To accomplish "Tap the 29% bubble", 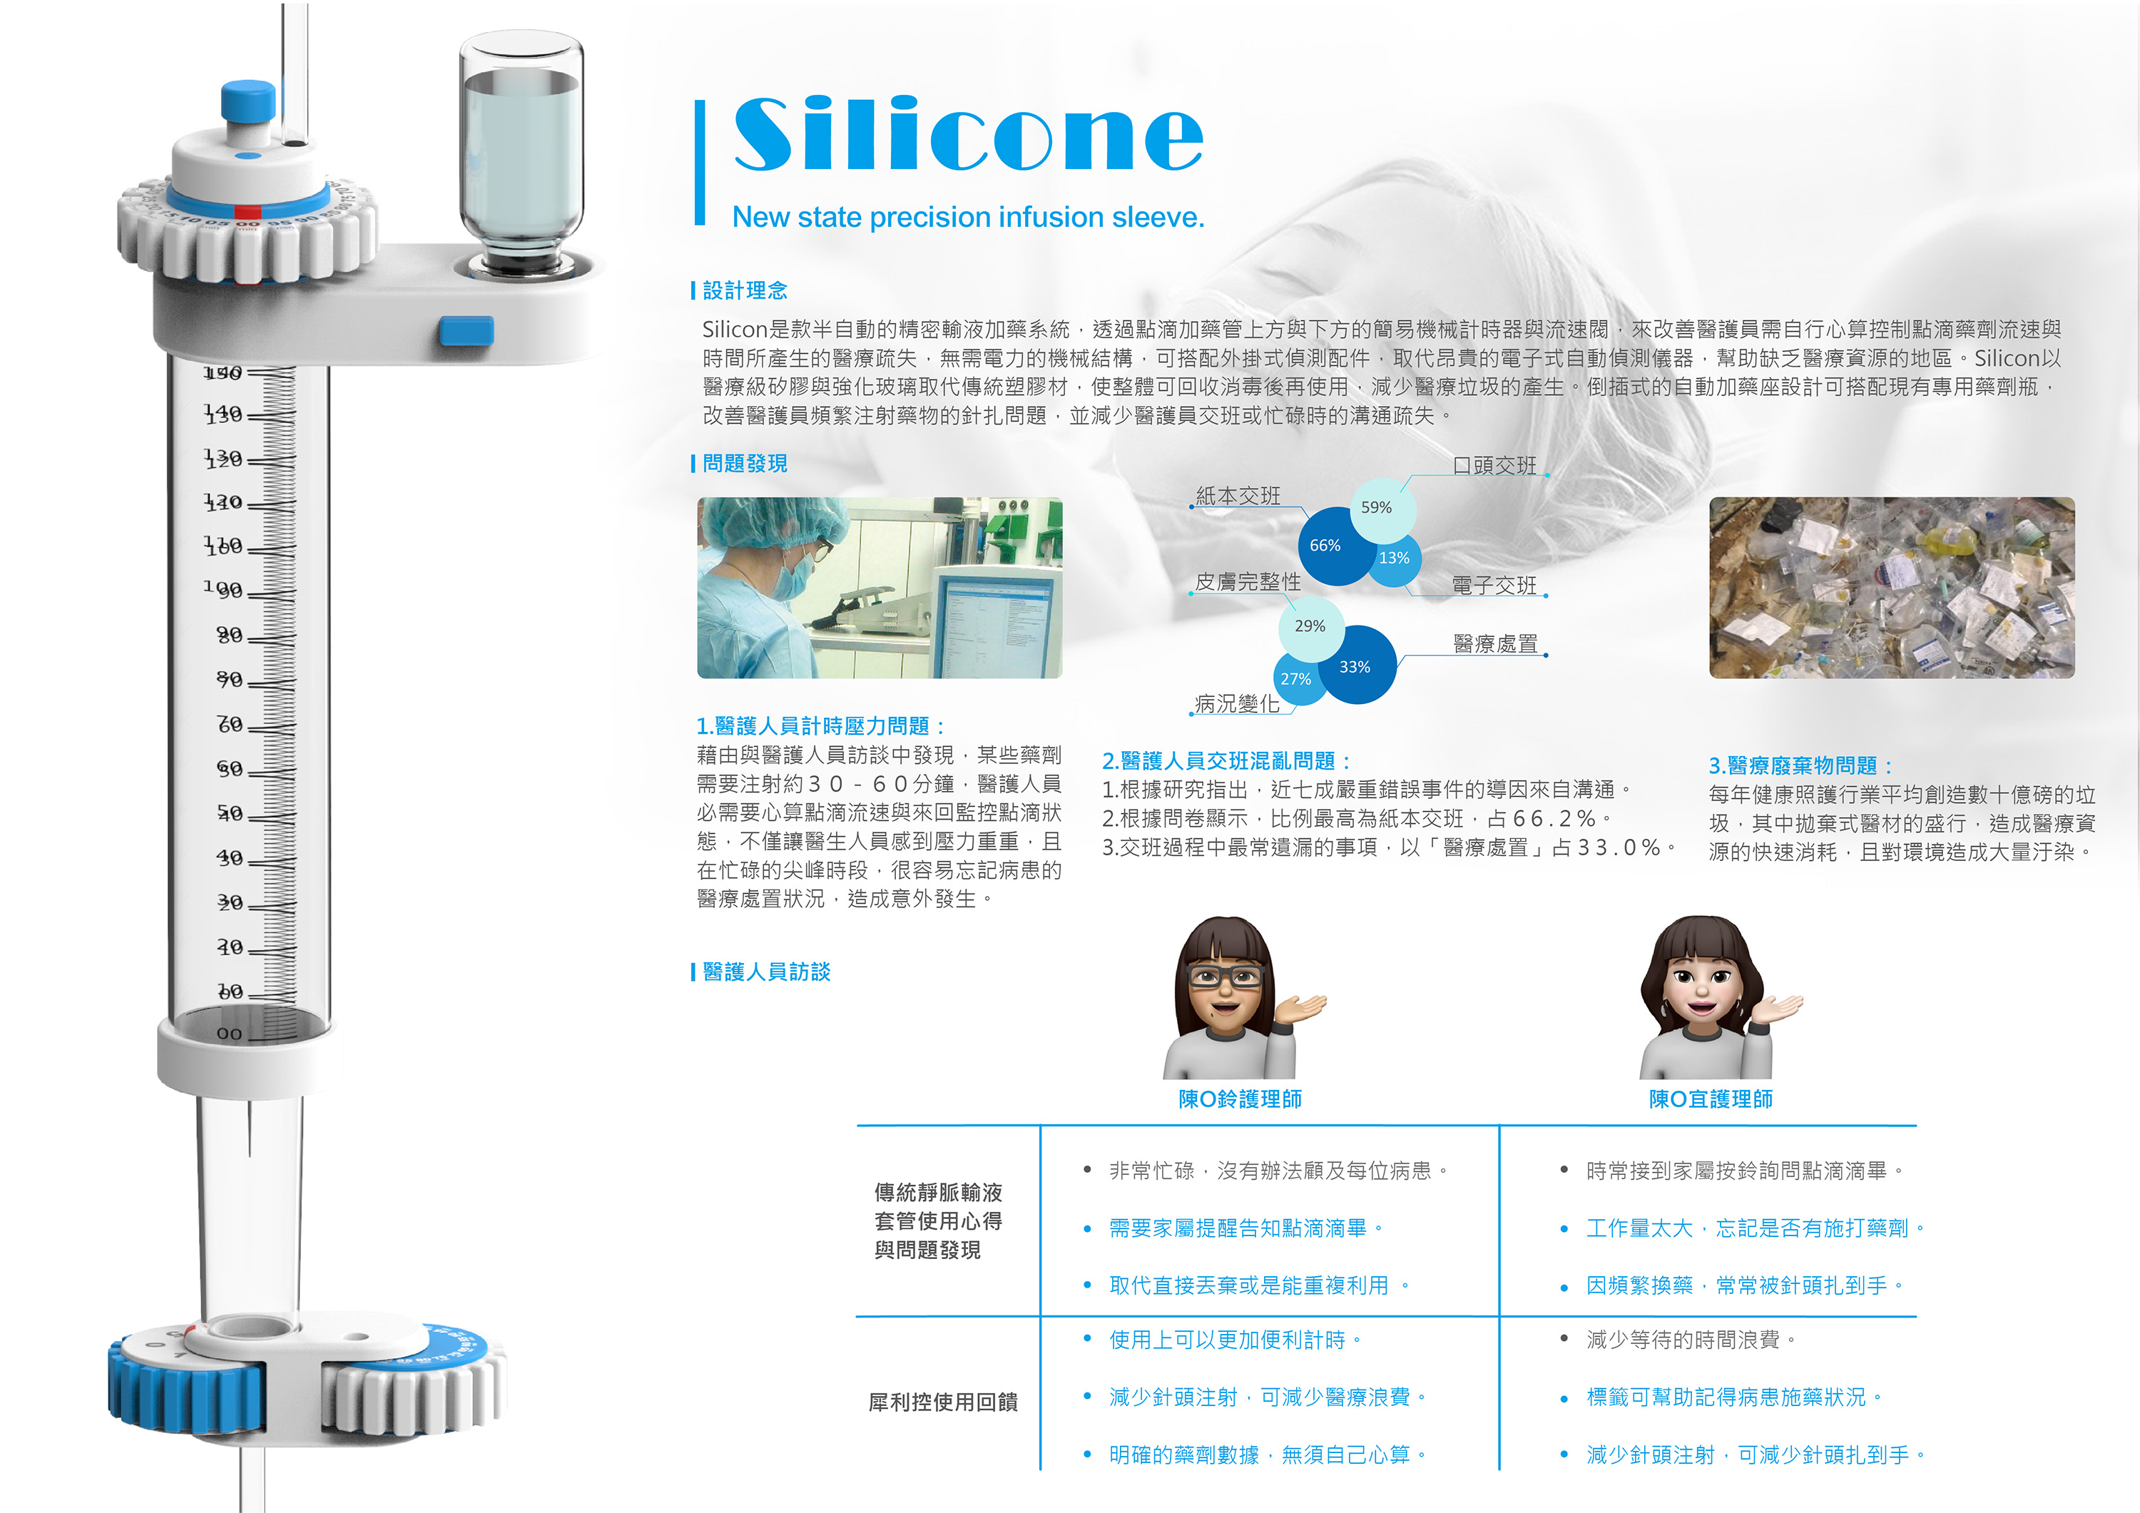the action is click(1310, 626).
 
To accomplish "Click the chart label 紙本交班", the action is click(1238, 496).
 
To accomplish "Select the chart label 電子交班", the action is click(1494, 586).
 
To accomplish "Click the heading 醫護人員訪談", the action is click(766, 972).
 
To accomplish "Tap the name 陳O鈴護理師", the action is click(1240, 1099).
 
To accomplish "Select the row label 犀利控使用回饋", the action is click(942, 1402).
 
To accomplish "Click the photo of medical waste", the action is click(1891, 587).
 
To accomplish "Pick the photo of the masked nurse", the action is click(879, 587).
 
